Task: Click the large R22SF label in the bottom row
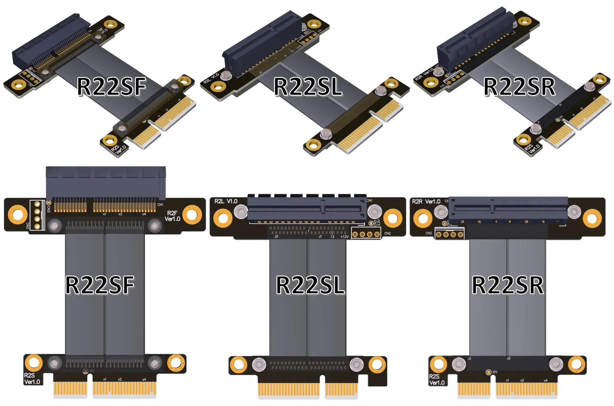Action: pos(100,285)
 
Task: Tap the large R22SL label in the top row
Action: pos(308,87)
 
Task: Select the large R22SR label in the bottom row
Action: pos(507,285)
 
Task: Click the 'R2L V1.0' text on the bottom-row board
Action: pos(226,201)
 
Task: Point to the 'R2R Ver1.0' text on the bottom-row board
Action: pos(426,202)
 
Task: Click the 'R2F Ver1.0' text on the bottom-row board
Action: pos(172,216)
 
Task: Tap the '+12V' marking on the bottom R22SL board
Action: pos(344,237)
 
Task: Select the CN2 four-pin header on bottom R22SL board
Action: pos(366,234)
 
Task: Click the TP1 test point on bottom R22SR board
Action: pos(488,372)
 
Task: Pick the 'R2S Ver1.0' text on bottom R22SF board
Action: pos(32,379)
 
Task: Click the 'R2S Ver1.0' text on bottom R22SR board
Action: pos(437,380)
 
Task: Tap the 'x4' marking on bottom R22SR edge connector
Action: pos(546,380)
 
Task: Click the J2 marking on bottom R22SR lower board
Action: pos(509,358)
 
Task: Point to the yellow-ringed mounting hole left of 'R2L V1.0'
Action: pos(223,218)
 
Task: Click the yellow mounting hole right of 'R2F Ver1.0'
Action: pos(192,214)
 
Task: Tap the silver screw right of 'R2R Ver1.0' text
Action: pos(441,212)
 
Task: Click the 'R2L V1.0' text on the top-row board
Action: pos(211,79)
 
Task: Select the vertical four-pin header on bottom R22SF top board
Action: pos(37,215)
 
